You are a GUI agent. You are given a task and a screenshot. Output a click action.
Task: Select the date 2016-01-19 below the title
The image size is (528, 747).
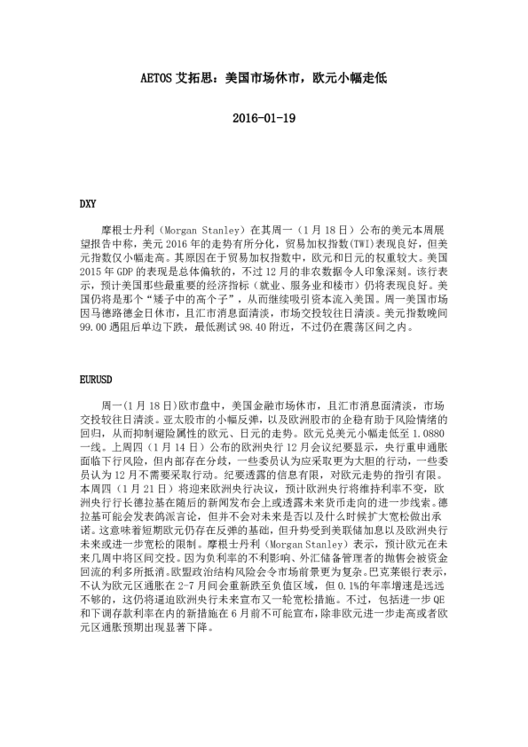pyautogui.click(x=264, y=118)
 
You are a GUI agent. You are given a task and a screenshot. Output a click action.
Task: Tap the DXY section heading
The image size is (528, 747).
pyautogui.click(x=88, y=204)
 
